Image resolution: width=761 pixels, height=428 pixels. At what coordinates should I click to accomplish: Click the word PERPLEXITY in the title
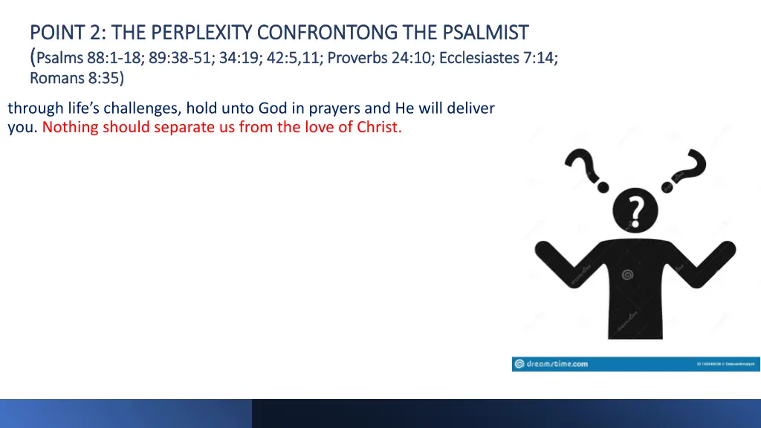[201, 32]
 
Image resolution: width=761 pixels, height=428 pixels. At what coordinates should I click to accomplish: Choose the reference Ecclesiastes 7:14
[498, 57]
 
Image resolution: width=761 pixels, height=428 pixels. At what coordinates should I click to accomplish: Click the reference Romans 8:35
[76, 78]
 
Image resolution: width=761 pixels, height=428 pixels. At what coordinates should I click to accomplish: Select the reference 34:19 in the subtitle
[239, 57]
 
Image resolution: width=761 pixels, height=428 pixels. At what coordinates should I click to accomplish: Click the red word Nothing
[70, 127]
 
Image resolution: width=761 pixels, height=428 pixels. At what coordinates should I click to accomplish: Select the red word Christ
[379, 127]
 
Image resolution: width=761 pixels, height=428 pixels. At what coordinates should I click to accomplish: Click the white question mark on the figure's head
[635, 212]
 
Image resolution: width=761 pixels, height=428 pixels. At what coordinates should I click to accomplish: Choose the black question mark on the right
[688, 167]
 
